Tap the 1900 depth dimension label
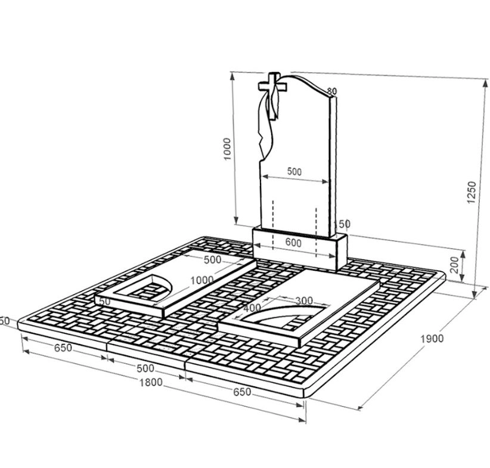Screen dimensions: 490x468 [432, 339]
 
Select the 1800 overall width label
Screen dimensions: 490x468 [151, 382]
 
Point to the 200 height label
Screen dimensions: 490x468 [454, 265]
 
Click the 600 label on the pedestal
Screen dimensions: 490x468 [293, 243]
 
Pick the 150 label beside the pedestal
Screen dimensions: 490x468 [342, 224]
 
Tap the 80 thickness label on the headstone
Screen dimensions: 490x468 [332, 91]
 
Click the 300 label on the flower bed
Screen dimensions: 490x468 [304, 300]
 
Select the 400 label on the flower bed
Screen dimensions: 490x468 [252, 308]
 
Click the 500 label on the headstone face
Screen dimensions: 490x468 [294, 171]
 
